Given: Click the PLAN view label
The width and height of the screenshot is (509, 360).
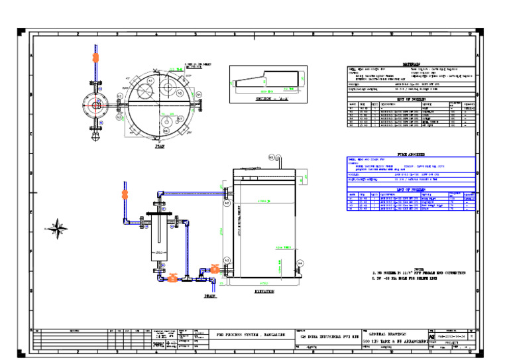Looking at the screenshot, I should [160, 147].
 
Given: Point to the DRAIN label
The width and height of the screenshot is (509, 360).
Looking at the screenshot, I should [211, 296].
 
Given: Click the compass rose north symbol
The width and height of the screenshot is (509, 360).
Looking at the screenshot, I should [59, 227].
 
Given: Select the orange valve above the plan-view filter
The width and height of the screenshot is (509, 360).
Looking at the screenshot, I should [95, 58].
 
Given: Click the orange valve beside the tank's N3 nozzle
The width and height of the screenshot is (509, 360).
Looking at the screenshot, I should [214, 269].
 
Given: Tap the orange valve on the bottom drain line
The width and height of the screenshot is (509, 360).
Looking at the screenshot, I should [172, 278].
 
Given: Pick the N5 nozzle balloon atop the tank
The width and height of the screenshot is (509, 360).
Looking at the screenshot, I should [272, 157].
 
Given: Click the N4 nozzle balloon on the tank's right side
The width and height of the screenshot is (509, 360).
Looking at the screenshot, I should [300, 263].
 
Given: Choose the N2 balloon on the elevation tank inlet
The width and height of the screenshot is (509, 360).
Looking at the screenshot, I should [227, 204].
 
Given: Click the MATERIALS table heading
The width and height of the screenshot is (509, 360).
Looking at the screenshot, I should [412, 65].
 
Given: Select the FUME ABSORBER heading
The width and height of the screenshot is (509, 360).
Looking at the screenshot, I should [412, 154].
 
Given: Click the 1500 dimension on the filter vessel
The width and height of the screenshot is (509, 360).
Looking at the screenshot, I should [158, 253].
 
